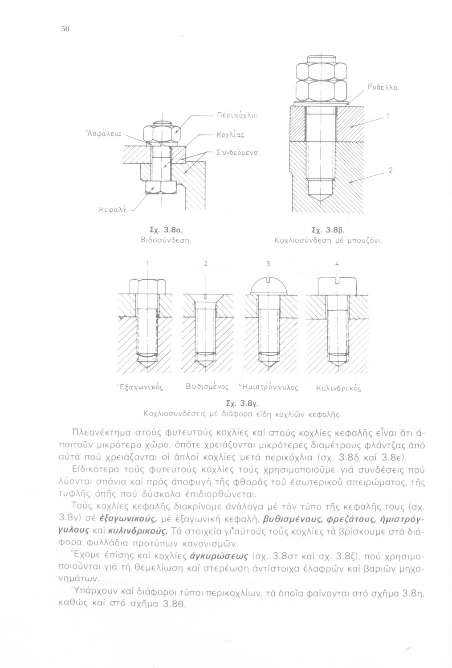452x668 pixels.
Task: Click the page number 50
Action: tap(64, 29)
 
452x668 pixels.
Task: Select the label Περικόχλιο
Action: tap(236, 115)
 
